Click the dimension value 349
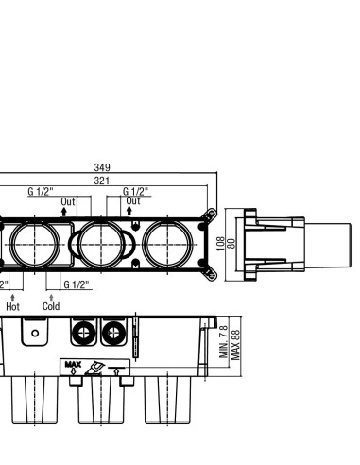point(102,167)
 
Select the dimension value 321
point(102,181)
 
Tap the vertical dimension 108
point(221,244)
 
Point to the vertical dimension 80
point(231,244)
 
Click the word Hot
point(12,306)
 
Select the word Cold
point(51,306)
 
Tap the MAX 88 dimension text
point(235,345)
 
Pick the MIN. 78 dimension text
point(224,342)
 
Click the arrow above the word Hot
point(12,298)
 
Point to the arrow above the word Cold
point(51,298)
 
